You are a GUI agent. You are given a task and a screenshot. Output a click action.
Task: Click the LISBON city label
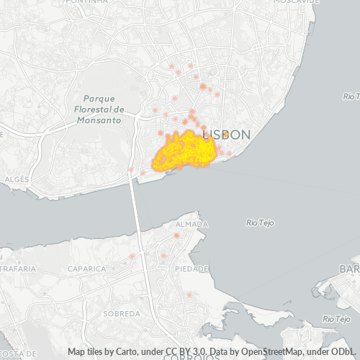[x=227, y=135]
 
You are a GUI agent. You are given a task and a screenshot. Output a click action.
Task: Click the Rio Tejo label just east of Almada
[x=261, y=222]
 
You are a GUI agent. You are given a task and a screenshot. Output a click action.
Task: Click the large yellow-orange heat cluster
[x=186, y=151]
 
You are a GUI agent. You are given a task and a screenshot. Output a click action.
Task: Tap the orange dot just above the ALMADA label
[x=176, y=235]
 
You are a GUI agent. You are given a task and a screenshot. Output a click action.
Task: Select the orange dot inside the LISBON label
[x=225, y=134]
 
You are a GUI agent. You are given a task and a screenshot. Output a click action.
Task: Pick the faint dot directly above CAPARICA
[x=132, y=256]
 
